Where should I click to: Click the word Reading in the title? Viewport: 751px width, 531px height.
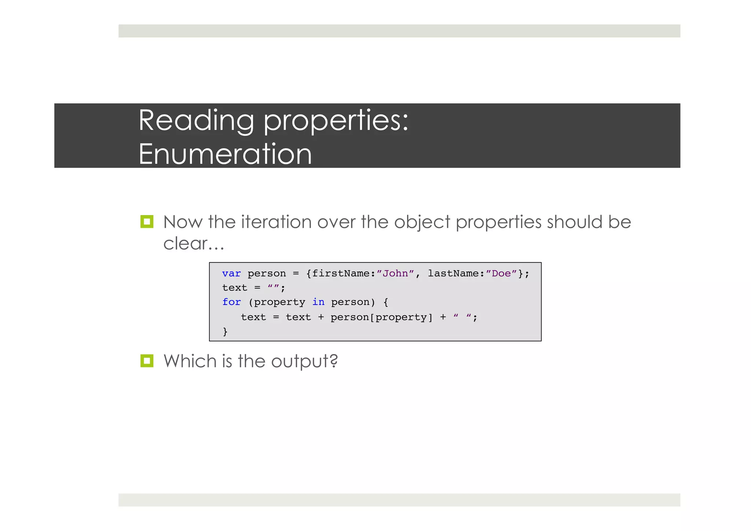point(196,121)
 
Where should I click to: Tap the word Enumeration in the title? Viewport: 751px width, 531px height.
point(225,154)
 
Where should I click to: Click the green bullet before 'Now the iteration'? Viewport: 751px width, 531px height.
point(147,222)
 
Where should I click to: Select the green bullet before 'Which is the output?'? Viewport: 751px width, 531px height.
point(147,361)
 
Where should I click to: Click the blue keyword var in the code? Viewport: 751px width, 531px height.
point(231,274)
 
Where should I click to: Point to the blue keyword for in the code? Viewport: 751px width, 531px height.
point(231,302)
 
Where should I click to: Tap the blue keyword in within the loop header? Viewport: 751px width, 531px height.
point(318,302)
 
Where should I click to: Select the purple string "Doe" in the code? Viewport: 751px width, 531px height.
point(501,274)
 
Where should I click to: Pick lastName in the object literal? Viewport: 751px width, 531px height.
point(453,274)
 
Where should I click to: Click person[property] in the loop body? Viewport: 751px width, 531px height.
point(381,317)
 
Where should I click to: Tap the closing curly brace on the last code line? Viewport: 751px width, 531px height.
point(225,331)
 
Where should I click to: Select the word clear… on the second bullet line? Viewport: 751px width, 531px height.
point(193,243)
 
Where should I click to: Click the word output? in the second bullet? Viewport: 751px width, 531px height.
point(304,361)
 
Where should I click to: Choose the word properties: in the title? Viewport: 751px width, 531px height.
point(336,121)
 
